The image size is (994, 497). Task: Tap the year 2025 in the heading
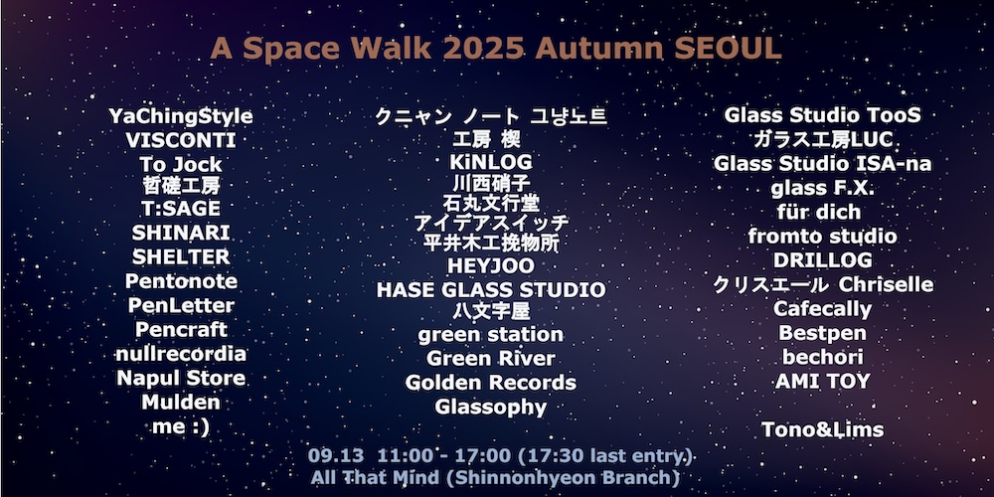(x=484, y=48)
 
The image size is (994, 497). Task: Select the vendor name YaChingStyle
(x=181, y=117)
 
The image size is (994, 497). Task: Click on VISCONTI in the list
(x=181, y=140)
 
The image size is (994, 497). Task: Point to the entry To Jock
(x=181, y=165)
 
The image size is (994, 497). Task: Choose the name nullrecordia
(x=181, y=354)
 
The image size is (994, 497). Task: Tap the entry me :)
(x=181, y=427)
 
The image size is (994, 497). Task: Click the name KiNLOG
(x=491, y=162)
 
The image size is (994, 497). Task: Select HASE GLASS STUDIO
(x=491, y=289)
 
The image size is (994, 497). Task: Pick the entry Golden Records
(x=491, y=383)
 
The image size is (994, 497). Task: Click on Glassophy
(x=491, y=407)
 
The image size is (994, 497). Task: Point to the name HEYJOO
(x=491, y=265)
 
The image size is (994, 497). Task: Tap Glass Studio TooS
(x=822, y=115)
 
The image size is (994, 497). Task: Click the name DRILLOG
(x=822, y=260)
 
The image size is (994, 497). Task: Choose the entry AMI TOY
(x=822, y=382)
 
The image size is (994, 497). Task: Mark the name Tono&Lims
(x=822, y=429)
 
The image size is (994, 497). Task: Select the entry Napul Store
(x=181, y=379)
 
